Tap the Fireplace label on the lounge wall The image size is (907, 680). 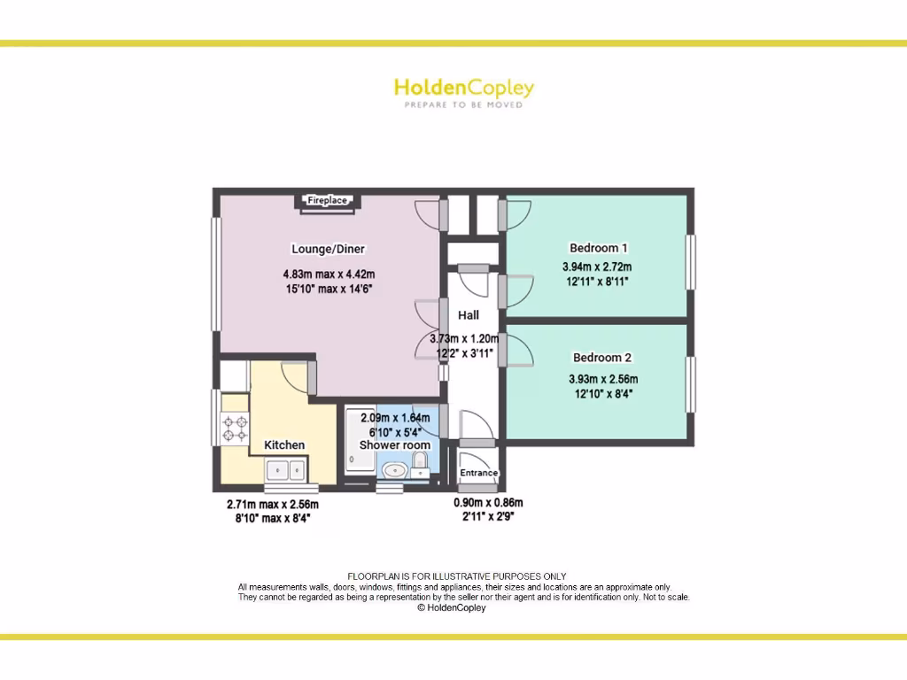327,201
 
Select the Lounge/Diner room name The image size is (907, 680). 329,249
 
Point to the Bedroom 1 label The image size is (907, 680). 598,248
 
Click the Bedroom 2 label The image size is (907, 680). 601,358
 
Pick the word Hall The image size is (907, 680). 469,315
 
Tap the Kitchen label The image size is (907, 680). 284,444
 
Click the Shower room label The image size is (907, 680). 395,444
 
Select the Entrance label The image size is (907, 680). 479,473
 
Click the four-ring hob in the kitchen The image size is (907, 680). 236,429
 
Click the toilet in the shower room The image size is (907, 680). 421,462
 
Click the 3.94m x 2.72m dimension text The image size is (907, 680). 597,267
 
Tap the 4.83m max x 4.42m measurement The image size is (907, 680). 329,274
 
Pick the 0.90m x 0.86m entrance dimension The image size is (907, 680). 484,502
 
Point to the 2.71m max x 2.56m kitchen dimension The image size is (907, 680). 273,505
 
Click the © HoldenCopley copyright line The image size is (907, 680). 451,608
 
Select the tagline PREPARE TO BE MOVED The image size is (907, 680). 463,105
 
